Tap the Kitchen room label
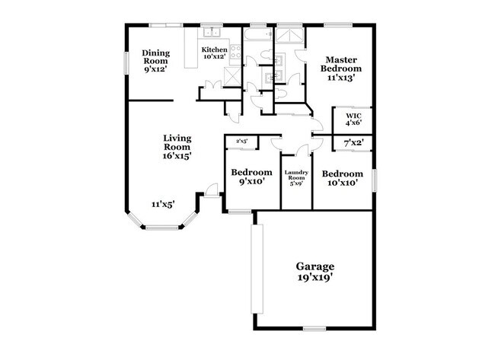tap(214, 50)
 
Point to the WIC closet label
tap(353, 116)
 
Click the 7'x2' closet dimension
tap(353, 142)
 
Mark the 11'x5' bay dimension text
tap(161, 204)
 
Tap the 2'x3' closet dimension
tap(241, 141)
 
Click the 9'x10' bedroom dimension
tap(251, 182)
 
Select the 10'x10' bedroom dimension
tap(342, 182)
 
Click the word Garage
tap(315, 266)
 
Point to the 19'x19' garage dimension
tap(315, 279)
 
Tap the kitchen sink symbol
tap(212, 33)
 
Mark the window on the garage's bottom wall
tap(315, 329)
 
